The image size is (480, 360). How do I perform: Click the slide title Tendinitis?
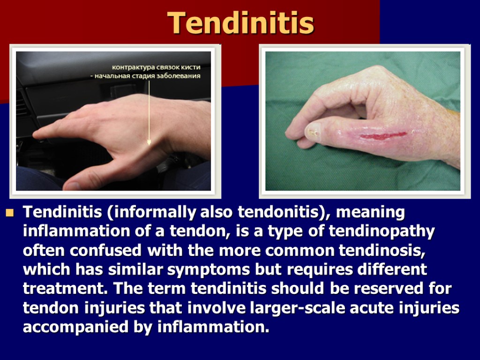click(240, 22)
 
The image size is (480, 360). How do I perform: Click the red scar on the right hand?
click(382, 136)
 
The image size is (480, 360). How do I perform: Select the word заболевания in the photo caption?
click(179, 75)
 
